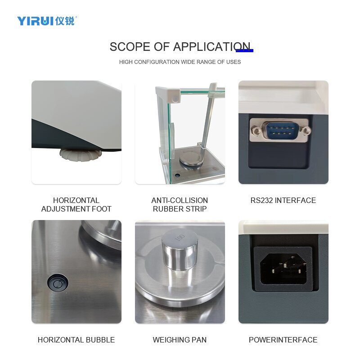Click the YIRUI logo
pos(47,21)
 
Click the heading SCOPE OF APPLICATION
pos(180,47)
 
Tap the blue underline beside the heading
pos(245,50)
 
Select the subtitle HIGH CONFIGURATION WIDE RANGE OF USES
pos(180,62)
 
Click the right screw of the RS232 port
pos(306,131)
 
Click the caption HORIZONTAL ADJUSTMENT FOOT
pos(76,205)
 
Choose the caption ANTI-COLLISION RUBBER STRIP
pos(180,205)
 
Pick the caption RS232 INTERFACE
pos(283,200)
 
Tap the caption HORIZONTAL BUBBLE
pos(76,340)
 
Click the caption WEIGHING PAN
pos(180,340)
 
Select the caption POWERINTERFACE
pos(283,340)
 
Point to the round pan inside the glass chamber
pos(191,159)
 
